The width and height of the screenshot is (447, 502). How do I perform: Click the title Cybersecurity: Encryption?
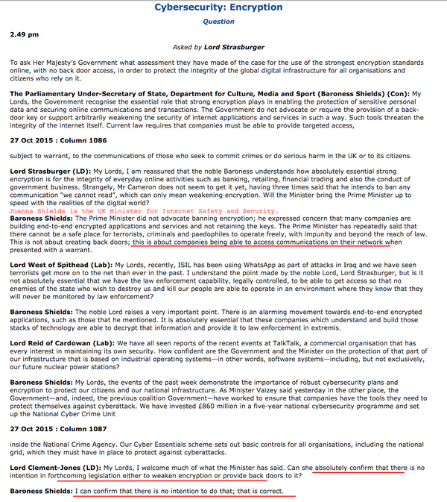[x=218, y=7]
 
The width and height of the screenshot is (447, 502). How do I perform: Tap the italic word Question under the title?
[x=218, y=22]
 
